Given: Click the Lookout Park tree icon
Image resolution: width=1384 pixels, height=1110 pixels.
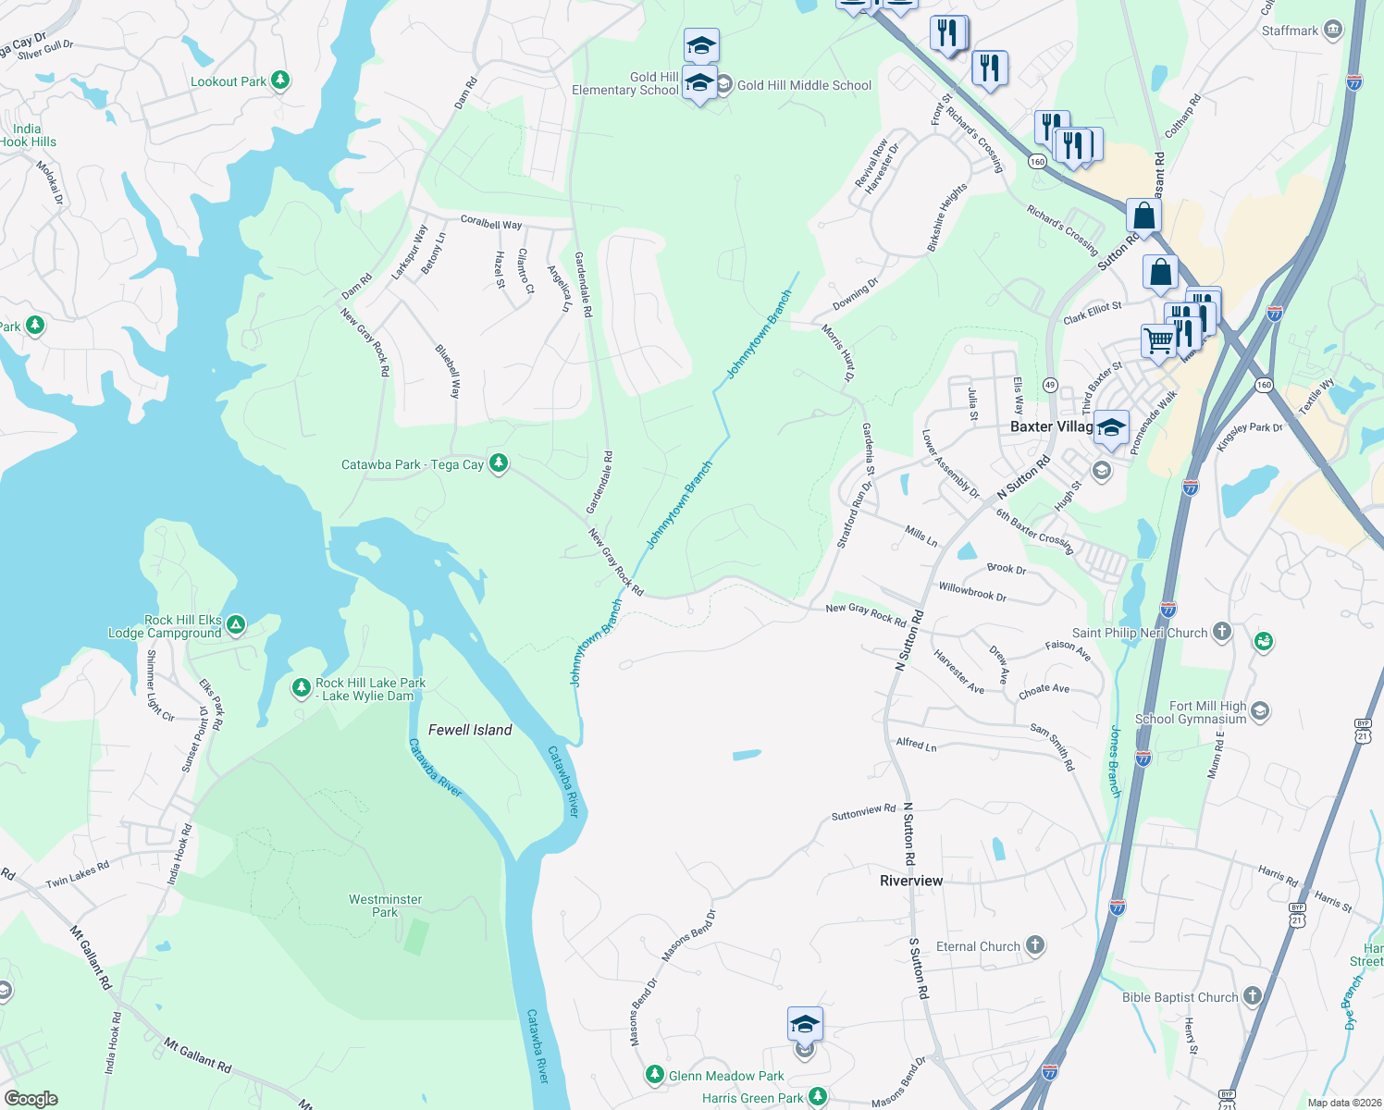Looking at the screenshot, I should click(x=279, y=81).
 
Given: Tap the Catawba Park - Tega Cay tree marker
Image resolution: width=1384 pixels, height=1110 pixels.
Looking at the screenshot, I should click(x=499, y=462).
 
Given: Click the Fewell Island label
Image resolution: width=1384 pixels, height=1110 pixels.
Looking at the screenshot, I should click(x=470, y=730).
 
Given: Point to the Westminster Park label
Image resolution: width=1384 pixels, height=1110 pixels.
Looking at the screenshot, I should click(x=385, y=906).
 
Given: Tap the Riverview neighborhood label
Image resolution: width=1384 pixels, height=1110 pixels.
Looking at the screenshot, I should click(x=911, y=881).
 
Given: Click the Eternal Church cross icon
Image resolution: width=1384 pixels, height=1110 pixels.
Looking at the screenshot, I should click(x=1035, y=945).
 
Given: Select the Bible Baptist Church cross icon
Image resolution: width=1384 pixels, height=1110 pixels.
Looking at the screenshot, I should click(x=1253, y=996).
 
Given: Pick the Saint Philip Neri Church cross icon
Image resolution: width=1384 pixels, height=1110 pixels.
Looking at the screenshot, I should click(x=1222, y=632).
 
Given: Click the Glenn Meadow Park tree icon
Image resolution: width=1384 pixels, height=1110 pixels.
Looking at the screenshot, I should click(x=655, y=1075).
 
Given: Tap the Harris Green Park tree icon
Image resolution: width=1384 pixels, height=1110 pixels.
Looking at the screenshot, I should click(x=817, y=1097).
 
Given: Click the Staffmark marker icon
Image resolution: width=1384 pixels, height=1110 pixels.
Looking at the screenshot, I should click(x=1333, y=30).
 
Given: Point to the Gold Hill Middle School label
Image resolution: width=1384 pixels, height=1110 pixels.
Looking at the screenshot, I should click(x=804, y=85).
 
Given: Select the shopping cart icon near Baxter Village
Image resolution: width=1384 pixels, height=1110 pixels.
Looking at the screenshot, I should click(x=1157, y=340).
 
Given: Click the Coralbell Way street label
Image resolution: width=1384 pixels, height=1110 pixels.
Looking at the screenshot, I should click(x=491, y=223).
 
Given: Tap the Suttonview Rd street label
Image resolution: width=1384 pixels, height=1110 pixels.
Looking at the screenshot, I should click(x=863, y=812).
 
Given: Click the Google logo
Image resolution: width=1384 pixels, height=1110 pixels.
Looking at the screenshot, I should click(x=31, y=1098).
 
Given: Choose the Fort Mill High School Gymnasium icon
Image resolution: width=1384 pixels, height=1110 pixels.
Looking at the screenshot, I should click(x=1260, y=711).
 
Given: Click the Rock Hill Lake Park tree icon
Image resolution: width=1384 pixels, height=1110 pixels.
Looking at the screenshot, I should click(x=301, y=687).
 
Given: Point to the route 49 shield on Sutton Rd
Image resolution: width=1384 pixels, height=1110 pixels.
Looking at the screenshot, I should click(x=1050, y=384).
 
